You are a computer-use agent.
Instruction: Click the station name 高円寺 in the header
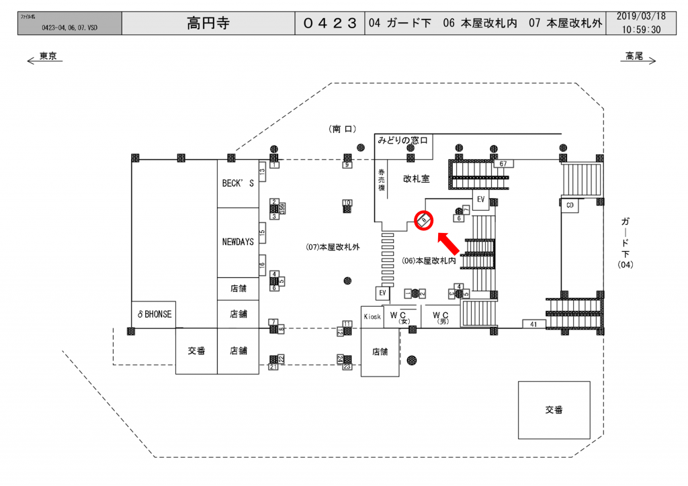click(208, 23)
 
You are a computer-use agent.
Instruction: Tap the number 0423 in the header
click(329, 23)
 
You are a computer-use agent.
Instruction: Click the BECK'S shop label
click(238, 183)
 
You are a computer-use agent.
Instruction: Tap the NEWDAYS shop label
click(238, 242)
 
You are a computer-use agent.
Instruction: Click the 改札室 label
click(416, 179)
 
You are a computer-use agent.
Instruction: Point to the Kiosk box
click(372, 316)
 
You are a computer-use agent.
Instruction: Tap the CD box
click(570, 205)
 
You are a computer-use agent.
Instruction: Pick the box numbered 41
click(533, 324)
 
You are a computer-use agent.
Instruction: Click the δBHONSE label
click(154, 314)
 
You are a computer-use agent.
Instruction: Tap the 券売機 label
click(381, 179)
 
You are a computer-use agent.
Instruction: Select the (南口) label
click(343, 128)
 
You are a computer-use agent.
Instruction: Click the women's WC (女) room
click(402, 317)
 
